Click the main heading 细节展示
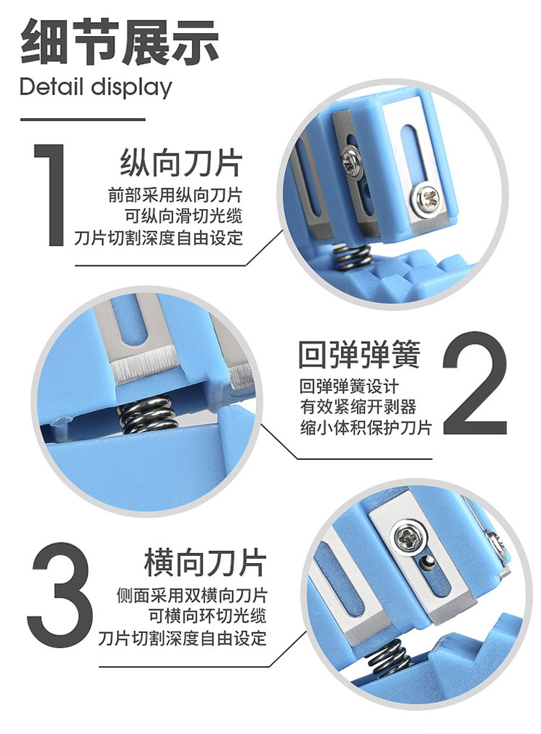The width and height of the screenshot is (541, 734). (120, 42)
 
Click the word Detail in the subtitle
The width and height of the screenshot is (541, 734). (51, 87)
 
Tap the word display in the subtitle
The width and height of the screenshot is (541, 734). (131, 88)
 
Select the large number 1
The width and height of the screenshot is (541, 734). (50, 194)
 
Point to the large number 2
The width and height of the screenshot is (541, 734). (475, 383)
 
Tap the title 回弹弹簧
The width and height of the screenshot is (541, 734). (359, 354)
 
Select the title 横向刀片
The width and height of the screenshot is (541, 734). (205, 562)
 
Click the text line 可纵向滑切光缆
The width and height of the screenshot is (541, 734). (184, 216)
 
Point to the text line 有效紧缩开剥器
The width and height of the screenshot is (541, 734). (358, 407)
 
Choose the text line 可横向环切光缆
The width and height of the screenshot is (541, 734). (208, 616)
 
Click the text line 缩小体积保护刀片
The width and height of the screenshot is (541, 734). (366, 428)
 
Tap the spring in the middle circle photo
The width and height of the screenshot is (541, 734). (147, 415)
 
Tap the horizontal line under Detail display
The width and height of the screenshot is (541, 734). (82, 119)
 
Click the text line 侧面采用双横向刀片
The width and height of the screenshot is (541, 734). (191, 595)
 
